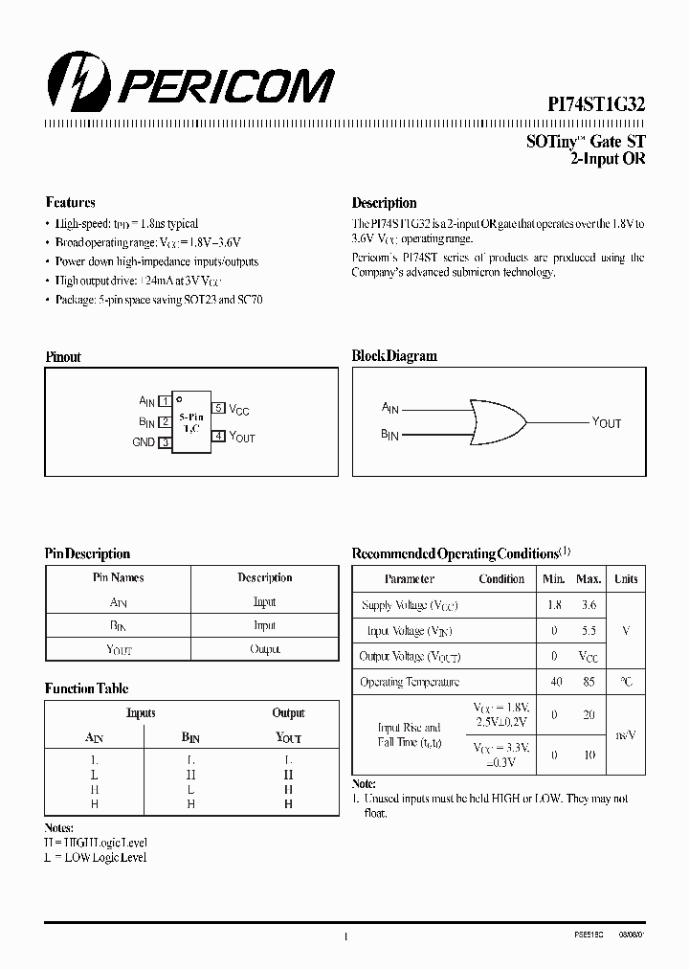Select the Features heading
point(70,203)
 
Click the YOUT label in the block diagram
point(607,422)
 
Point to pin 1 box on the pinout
point(166,401)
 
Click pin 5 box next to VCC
point(219,408)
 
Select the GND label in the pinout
point(144,442)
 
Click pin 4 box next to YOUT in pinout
point(219,437)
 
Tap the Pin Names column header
point(118,577)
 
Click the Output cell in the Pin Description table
point(264,649)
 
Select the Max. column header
point(589,579)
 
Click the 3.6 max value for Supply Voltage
point(589,605)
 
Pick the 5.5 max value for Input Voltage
point(589,631)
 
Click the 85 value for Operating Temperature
point(589,682)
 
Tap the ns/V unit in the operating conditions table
point(626,734)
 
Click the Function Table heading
point(86,688)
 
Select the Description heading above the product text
point(384,203)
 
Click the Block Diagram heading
point(394,356)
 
